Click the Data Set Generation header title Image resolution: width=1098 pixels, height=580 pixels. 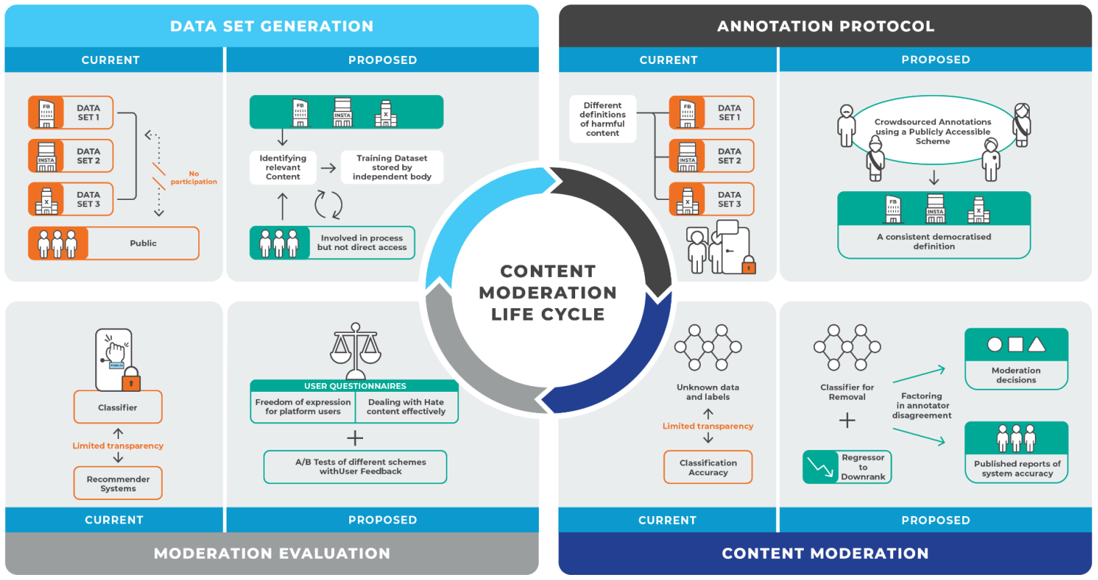click(272, 27)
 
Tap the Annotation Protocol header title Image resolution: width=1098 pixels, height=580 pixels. click(826, 27)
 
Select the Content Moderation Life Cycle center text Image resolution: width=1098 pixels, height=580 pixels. click(548, 293)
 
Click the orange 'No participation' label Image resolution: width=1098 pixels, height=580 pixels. click(195, 177)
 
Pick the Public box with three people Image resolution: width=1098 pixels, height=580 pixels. click(113, 243)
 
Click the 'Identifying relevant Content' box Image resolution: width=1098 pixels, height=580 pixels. click(282, 167)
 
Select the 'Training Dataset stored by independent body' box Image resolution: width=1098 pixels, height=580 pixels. click(392, 167)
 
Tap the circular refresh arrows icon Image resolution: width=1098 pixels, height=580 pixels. click(328, 204)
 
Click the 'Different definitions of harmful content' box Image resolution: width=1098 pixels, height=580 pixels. click(602, 118)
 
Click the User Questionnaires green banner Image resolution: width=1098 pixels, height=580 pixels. click(354, 386)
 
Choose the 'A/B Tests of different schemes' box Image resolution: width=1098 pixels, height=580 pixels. click(354, 467)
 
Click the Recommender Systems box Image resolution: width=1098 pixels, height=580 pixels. click(118, 483)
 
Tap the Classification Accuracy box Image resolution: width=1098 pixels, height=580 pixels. click(708, 467)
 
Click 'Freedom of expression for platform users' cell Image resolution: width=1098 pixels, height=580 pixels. click(303, 407)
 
